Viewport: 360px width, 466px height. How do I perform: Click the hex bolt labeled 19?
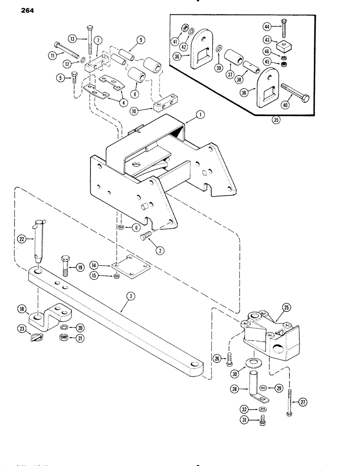pyautogui.click(x=64, y=267)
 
